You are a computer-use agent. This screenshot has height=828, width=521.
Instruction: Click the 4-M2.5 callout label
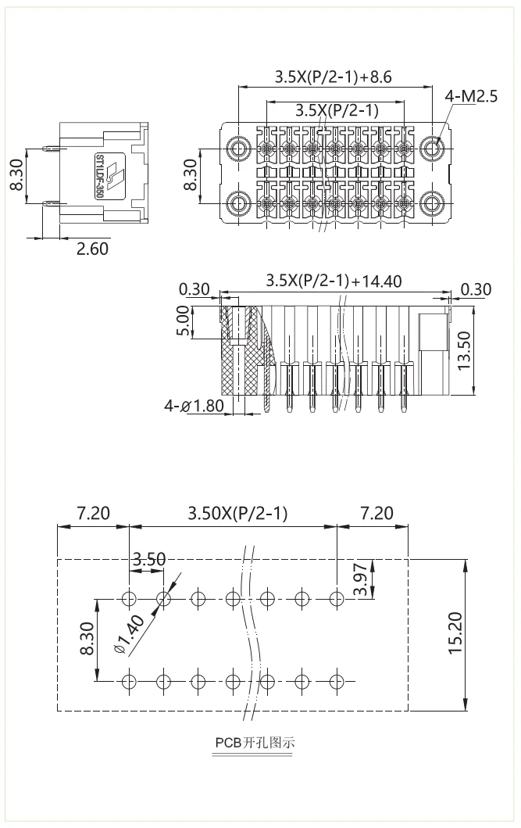471,96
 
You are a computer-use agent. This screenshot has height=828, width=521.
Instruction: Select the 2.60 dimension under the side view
92,249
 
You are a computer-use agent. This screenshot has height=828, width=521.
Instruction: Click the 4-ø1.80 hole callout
194,406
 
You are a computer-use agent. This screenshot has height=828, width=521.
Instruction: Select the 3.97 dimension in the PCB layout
360,579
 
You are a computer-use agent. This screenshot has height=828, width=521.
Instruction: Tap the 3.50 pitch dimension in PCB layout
148,559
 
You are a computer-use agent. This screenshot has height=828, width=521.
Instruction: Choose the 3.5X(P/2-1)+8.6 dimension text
333,77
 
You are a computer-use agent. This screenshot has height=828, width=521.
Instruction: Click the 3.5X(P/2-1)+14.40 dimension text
334,280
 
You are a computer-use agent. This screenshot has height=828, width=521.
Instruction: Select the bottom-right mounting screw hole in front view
432,204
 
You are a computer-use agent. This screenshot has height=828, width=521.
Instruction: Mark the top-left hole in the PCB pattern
130,599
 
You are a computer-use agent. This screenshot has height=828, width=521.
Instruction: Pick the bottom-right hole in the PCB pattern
337,680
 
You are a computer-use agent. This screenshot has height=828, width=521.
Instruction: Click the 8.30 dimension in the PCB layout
87,638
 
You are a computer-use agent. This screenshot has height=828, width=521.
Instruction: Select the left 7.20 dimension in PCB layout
93,513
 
